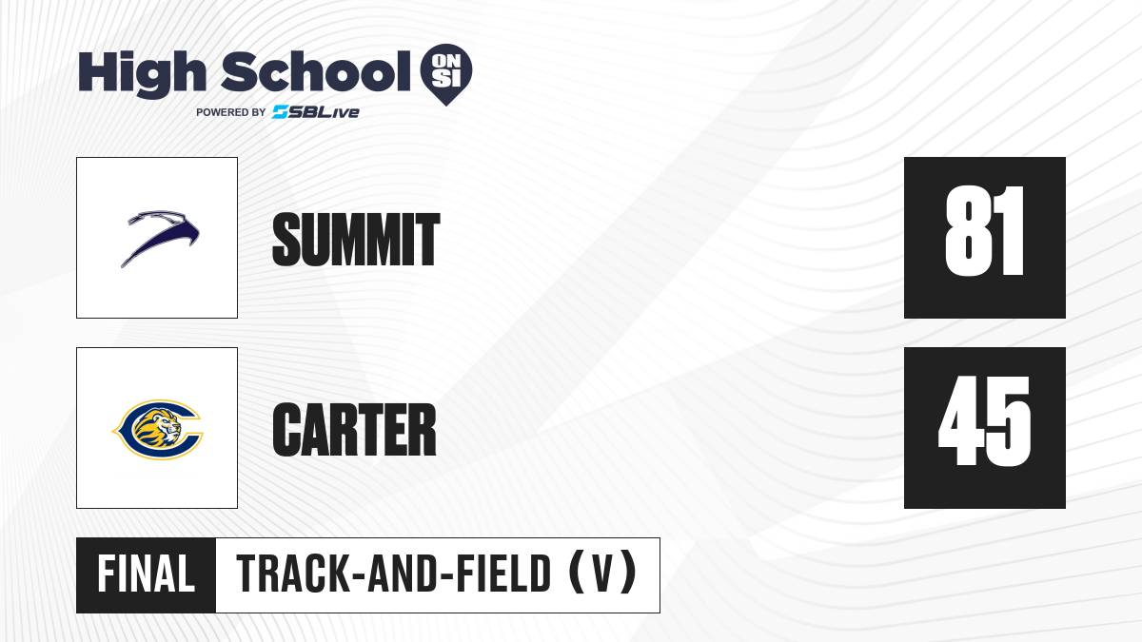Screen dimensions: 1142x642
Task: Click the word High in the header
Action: point(142,74)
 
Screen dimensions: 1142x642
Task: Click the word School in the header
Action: point(316,71)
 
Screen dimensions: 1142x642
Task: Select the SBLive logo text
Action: point(316,112)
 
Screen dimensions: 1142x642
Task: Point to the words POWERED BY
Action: point(230,112)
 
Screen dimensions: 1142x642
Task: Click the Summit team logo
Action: point(160,238)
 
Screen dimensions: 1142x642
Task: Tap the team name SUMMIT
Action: point(356,240)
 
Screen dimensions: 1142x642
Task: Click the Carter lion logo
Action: point(158,430)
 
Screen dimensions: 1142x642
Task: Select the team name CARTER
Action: point(354,430)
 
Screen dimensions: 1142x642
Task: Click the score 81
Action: point(984,231)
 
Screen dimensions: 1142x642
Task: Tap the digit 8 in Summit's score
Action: point(966,231)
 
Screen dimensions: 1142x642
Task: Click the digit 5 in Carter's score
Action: point(1009,421)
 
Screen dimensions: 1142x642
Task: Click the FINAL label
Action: point(146,574)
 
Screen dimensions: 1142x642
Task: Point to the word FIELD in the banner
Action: point(503,574)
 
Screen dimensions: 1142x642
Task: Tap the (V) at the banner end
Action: point(602,574)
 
